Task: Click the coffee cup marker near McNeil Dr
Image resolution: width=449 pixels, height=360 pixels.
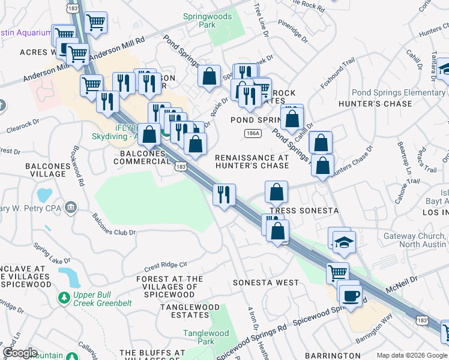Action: pos(350,296)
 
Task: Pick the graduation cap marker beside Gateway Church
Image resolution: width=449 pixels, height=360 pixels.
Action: pos(344,242)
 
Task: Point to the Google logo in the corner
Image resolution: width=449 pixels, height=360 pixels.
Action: pos(19,353)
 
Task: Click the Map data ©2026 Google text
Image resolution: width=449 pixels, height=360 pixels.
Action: pos(412,355)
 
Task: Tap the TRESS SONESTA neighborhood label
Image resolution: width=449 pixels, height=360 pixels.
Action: pos(304,211)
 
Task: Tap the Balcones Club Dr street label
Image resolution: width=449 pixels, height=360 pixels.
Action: pos(113,226)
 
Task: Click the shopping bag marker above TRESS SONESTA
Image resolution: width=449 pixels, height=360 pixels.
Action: pos(276,193)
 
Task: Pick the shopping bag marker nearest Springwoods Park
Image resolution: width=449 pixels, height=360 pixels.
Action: pos(209,76)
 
